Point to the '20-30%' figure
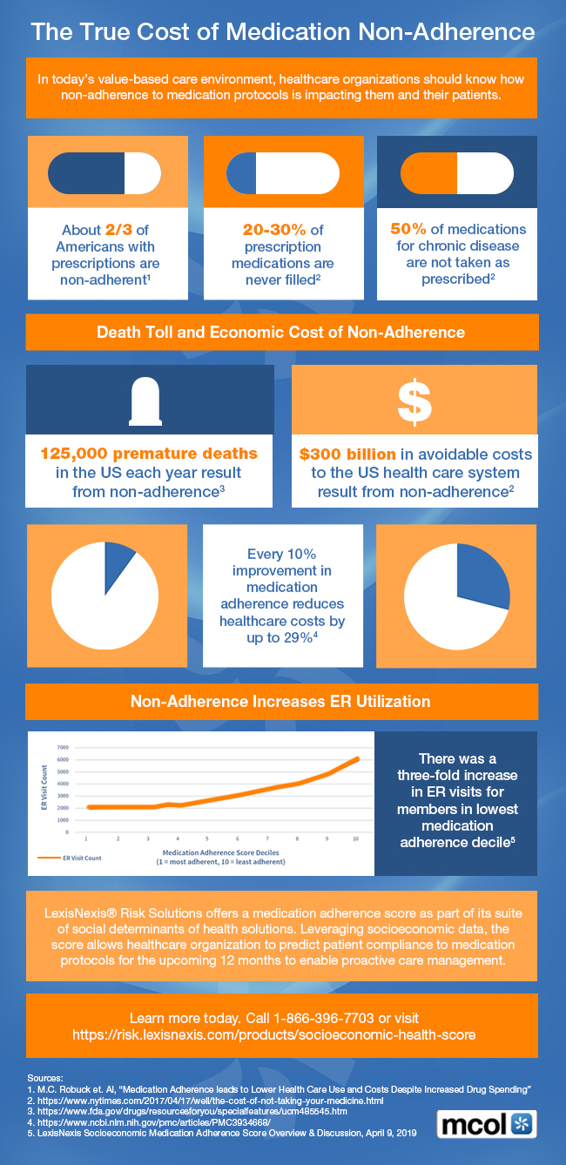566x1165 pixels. click(x=273, y=230)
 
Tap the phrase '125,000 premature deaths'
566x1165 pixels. click(x=149, y=454)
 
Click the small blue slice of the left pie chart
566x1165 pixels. click(x=118, y=562)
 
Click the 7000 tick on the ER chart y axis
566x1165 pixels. click(x=62, y=747)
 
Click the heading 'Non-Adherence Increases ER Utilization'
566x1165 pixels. click(x=280, y=700)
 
